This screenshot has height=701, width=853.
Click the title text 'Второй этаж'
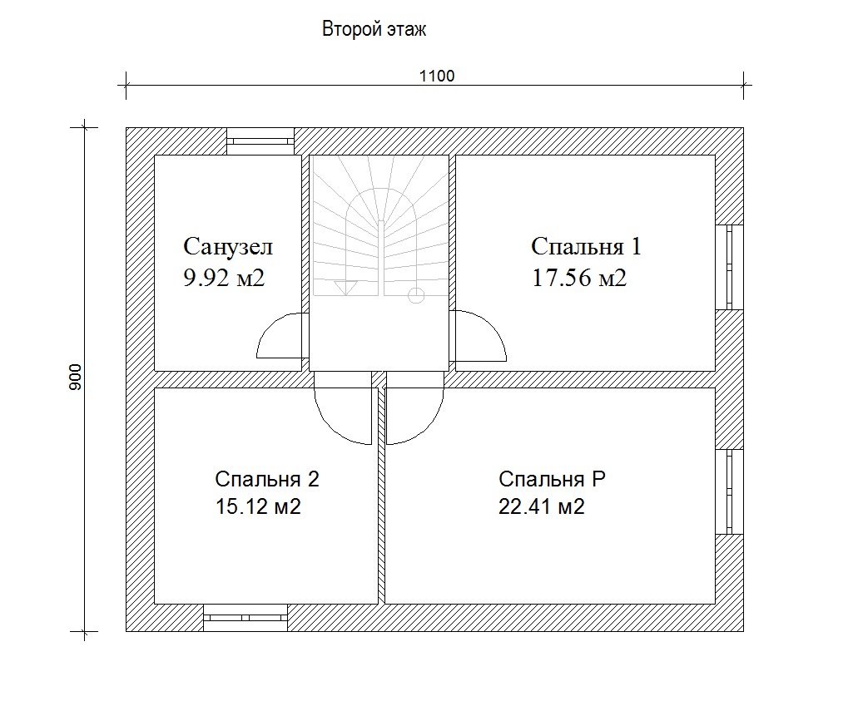[x=374, y=29]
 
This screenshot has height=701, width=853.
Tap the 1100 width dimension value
[x=436, y=76]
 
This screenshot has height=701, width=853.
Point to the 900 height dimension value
[x=76, y=377]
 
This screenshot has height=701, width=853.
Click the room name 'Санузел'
[x=227, y=246]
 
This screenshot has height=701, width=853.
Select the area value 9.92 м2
[x=224, y=278]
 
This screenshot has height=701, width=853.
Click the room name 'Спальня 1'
[x=586, y=246]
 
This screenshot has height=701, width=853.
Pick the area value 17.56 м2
[x=579, y=278]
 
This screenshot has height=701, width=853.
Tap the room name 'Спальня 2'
[x=266, y=479]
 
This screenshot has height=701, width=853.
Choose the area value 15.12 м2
[x=258, y=506]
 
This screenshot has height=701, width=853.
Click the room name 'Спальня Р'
[x=552, y=479]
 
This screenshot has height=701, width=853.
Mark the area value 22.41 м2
[x=541, y=506]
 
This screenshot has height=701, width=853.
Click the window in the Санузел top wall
[x=260, y=141]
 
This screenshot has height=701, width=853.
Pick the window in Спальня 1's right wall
[x=729, y=267]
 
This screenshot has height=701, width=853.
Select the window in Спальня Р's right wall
[x=729, y=491]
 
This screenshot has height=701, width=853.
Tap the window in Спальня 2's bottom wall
[x=245, y=618]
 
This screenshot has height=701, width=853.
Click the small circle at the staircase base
[x=416, y=295]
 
